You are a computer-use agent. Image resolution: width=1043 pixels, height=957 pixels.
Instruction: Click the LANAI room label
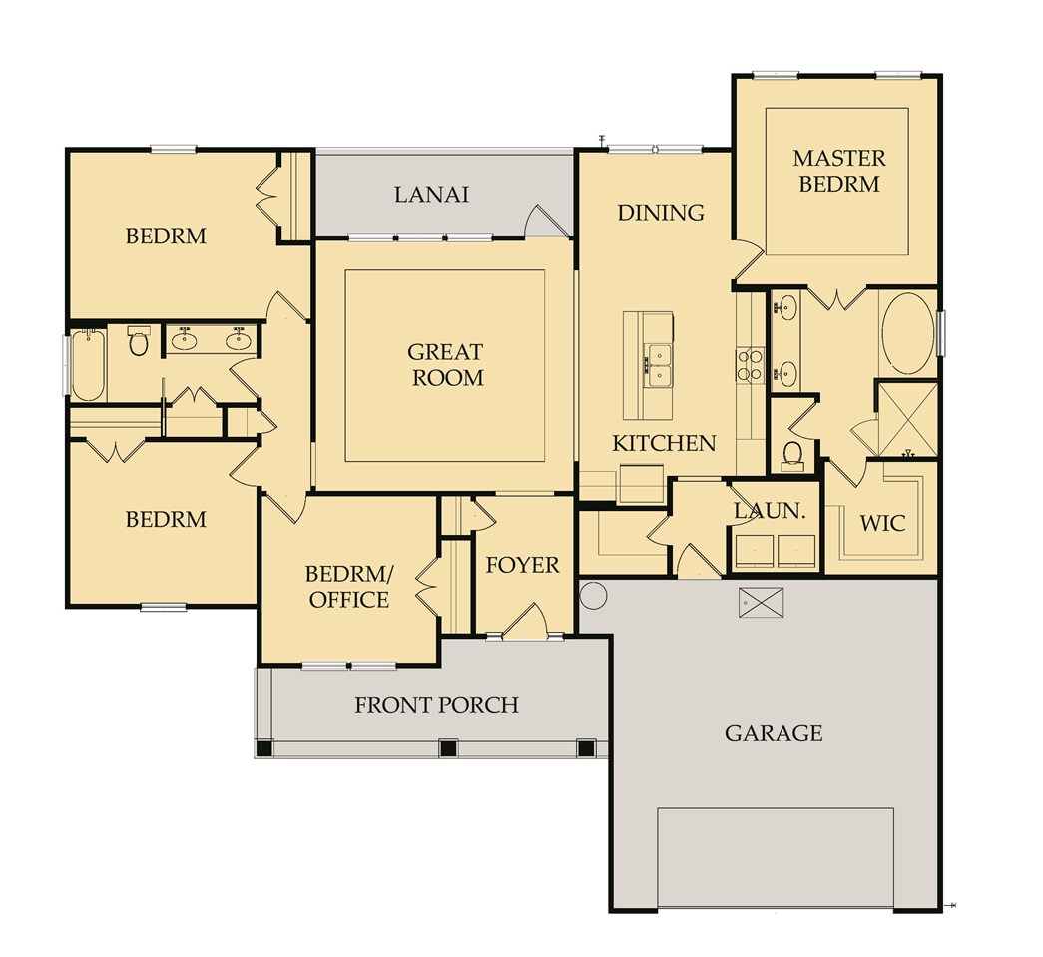click(431, 194)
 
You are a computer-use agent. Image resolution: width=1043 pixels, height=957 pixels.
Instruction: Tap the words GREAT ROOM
click(445, 365)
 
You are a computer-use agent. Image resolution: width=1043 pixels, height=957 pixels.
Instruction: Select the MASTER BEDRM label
click(838, 171)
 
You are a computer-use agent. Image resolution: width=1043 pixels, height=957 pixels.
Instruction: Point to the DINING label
click(660, 213)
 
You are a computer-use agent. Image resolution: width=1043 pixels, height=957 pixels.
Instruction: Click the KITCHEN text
click(664, 443)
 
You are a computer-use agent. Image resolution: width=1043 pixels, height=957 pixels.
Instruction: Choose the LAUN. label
click(770, 510)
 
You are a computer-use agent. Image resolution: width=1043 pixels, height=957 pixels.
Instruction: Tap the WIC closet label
click(882, 522)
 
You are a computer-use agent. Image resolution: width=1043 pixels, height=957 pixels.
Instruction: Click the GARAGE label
click(774, 734)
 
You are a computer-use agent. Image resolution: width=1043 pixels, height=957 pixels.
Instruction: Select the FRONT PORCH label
click(436, 705)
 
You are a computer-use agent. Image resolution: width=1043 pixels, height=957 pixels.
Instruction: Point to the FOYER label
click(522, 565)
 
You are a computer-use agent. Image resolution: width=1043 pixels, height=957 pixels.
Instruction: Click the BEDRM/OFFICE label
click(347, 587)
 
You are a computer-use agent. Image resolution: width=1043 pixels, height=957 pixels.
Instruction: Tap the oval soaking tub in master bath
click(907, 333)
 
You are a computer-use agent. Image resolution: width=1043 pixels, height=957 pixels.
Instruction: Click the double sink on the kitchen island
click(658, 365)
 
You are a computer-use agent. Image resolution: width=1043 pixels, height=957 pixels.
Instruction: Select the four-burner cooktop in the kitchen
click(750, 365)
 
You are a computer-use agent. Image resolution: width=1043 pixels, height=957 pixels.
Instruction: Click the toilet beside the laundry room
click(793, 454)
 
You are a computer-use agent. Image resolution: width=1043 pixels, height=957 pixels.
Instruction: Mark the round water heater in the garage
click(593, 595)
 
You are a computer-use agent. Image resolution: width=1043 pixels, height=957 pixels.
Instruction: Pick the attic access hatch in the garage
click(761, 603)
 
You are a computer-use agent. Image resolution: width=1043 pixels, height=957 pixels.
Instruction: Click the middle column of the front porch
click(448, 747)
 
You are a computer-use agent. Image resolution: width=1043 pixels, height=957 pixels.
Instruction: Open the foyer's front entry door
click(524, 623)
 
